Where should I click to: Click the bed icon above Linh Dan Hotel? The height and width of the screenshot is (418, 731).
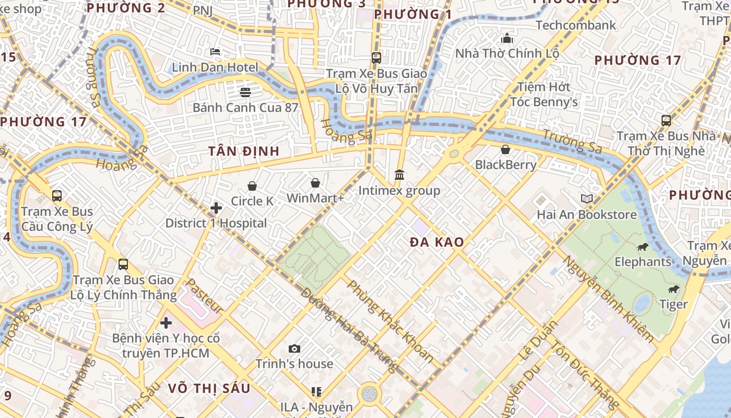coord(215,52)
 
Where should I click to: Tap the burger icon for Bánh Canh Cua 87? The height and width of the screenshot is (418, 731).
coord(245,92)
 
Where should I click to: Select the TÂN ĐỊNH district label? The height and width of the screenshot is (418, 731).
coord(244,152)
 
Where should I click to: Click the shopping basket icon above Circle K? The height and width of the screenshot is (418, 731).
coord(252,186)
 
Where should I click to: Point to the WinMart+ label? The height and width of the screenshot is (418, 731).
coord(315,199)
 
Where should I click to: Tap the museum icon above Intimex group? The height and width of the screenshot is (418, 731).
coord(399,175)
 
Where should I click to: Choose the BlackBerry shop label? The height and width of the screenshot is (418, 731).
coord(505,165)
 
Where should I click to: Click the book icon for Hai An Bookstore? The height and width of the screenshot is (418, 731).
coord(587,199)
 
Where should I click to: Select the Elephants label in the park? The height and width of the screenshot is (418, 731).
coord(643,262)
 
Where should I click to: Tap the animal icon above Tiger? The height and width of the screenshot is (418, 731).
coord(674,289)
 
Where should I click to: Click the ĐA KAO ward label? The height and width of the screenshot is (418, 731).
coord(437,242)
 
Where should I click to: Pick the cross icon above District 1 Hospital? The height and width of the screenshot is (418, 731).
coord(216,208)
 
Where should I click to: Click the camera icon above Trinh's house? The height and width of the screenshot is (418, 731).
coord(294,349)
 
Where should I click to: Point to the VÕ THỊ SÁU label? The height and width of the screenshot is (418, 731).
coord(209,388)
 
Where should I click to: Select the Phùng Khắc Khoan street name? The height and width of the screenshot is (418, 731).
coord(391,321)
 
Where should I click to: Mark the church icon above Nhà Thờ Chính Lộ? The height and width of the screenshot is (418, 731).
coord(507,39)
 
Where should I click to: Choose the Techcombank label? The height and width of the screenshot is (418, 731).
coord(575,25)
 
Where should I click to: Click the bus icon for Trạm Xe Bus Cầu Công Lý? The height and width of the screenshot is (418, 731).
coord(57,196)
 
